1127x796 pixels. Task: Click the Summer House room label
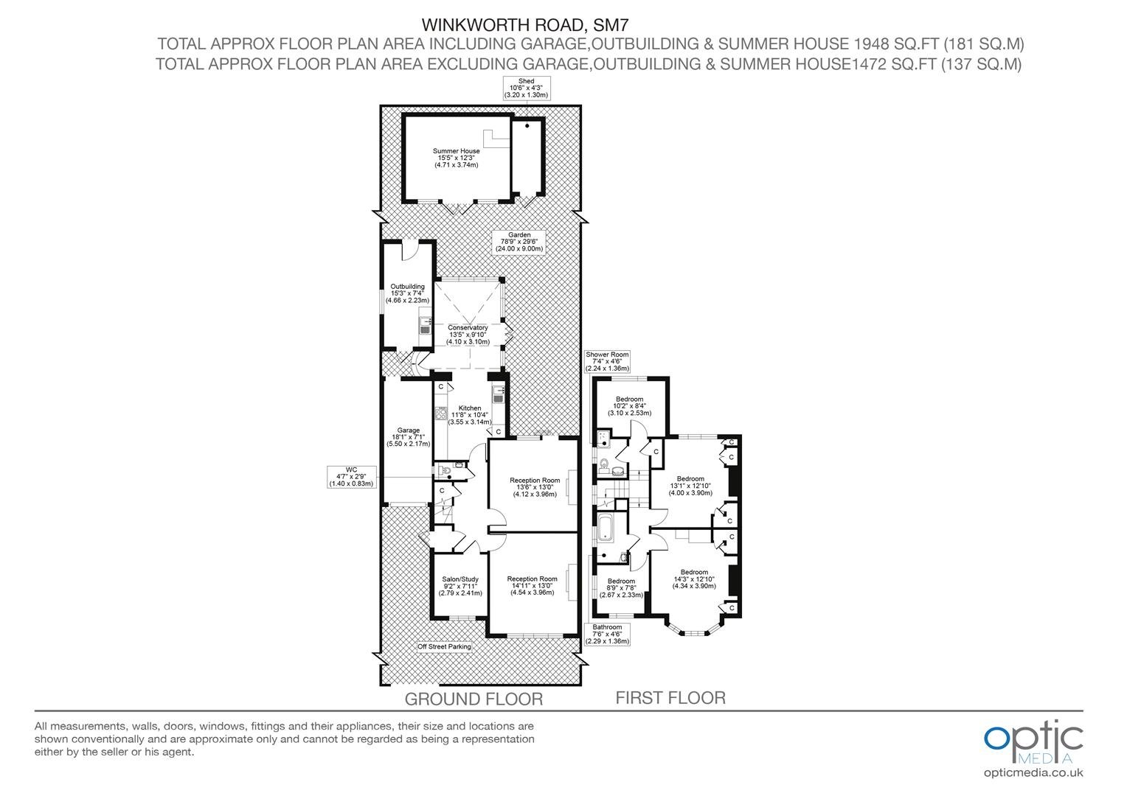[457, 158]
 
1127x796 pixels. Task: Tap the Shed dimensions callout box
[527, 88]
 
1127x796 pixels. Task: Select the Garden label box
[519, 242]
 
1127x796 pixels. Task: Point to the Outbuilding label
[408, 293]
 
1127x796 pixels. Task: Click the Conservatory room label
[468, 335]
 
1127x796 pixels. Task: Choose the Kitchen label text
[470, 415]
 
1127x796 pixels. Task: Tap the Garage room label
[408, 437]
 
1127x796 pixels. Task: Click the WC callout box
[351, 477]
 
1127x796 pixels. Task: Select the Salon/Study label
[460, 586]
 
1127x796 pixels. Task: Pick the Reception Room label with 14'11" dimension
[532, 585]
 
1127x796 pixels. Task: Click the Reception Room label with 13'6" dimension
[534, 486]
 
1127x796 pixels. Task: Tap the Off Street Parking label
[444, 646]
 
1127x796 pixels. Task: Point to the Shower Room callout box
[607, 362]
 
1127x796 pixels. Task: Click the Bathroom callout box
[607, 634]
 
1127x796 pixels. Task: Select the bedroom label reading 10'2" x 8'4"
[629, 406]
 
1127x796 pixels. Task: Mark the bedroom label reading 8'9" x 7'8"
[621, 588]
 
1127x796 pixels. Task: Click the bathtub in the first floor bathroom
[604, 528]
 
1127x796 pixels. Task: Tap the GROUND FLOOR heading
[474, 699]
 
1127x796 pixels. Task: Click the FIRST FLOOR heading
[670, 698]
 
